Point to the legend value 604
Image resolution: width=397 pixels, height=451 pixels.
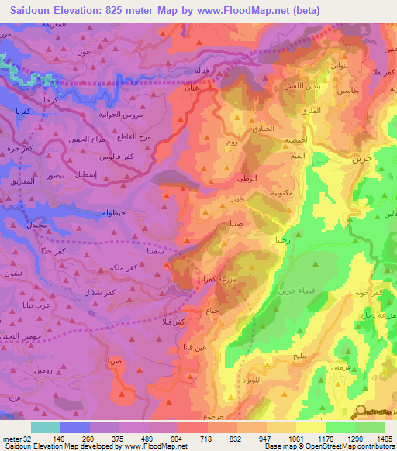(x=177, y=438)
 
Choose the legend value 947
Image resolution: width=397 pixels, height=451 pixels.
(x=266, y=438)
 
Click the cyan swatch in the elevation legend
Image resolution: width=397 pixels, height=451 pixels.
(x=46, y=427)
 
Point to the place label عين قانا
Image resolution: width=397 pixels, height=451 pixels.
(x=192, y=348)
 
